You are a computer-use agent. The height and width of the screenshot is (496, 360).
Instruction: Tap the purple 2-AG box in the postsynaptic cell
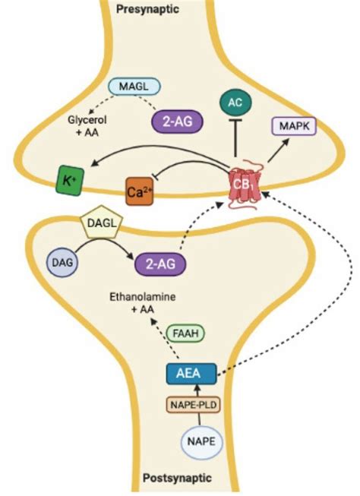(x=161, y=265)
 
